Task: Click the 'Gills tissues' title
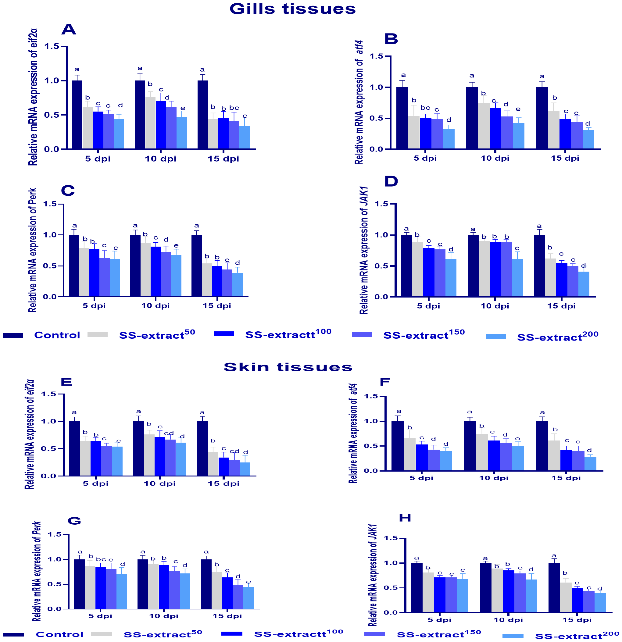[292, 9]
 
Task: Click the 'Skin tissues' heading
[288, 367]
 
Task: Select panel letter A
[69, 30]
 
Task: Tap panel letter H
[405, 518]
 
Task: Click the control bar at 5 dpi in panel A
[77, 115]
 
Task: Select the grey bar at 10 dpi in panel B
[484, 126]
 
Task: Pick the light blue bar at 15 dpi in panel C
[238, 285]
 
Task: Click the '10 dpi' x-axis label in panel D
[495, 306]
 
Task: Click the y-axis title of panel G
[37, 572]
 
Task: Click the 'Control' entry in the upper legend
[57, 335]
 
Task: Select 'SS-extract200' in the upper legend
[557, 337]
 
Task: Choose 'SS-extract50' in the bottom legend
[163, 634]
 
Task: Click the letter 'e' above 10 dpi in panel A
[183, 109]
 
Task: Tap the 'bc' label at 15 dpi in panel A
[234, 108]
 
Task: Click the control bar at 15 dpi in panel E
[202, 448]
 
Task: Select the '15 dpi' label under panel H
[577, 620]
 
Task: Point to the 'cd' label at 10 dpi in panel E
[169, 434]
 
